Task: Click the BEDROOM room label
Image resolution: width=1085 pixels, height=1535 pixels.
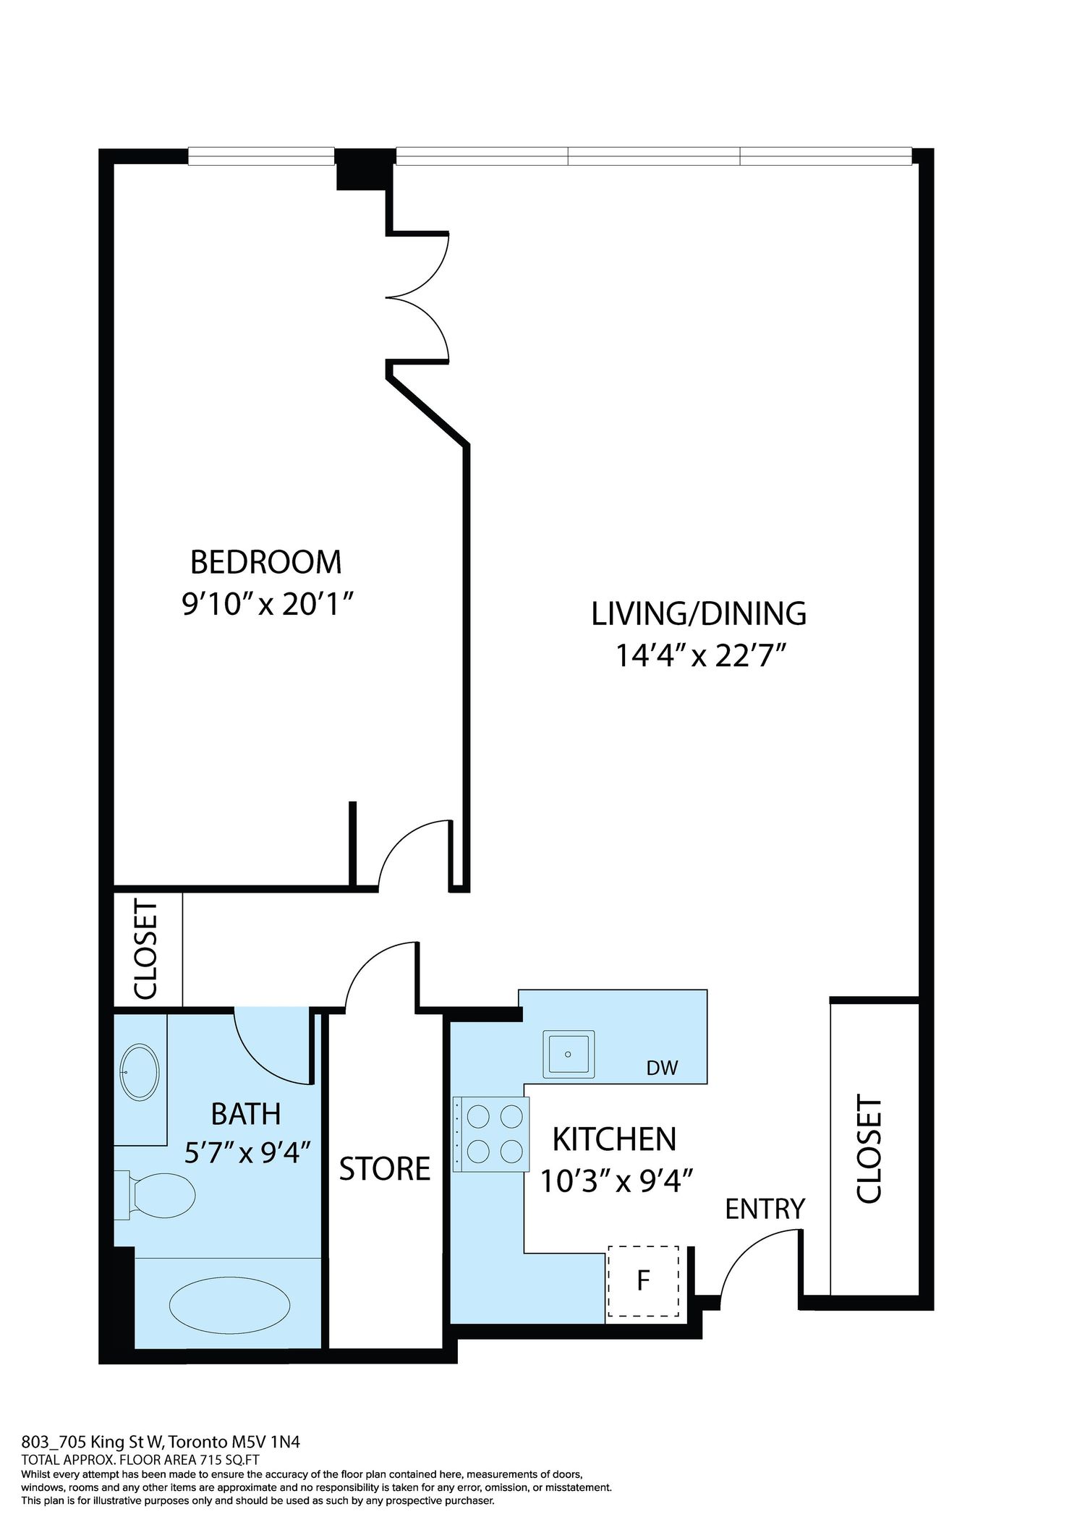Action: pos(265,562)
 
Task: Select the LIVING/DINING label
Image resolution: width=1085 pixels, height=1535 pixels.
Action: pos(699,614)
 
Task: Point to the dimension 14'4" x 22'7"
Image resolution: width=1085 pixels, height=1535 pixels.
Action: pos(700,656)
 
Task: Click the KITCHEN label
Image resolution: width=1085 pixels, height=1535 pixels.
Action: pos(614,1139)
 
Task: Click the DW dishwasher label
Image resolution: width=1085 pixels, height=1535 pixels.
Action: pos(663,1068)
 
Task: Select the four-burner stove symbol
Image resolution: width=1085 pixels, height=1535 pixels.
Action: pos(491,1134)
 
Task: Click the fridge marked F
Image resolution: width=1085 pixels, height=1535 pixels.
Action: pos(643,1281)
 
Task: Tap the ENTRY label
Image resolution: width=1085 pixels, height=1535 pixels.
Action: pos(765,1209)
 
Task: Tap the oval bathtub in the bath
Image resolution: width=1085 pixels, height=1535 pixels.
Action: pos(230,1304)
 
